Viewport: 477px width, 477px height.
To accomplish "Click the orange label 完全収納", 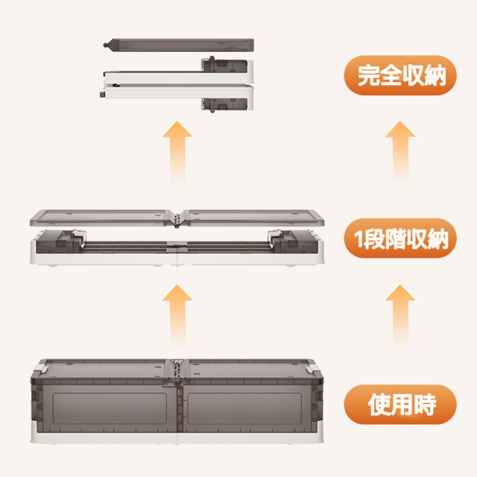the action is [x=400, y=75].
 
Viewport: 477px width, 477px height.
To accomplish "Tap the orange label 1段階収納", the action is [x=400, y=238].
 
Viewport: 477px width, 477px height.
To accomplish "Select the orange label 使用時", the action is [x=400, y=404].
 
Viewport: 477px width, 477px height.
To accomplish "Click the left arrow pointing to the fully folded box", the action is [x=177, y=151].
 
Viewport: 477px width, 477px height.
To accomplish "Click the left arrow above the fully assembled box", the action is [x=177, y=315].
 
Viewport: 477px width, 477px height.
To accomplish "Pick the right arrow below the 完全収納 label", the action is [x=400, y=151].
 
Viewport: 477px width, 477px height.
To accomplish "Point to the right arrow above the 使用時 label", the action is [x=400, y=315].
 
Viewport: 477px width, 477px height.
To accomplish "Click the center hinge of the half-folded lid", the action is [x=177, y=219].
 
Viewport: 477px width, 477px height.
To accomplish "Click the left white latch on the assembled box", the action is [x=42, y=368].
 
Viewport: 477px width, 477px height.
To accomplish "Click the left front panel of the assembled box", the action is [x=110, y=408].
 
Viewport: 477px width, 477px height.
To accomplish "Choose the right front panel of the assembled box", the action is [x=244, y=408].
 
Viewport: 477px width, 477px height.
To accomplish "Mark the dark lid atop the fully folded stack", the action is [x=180, y=45].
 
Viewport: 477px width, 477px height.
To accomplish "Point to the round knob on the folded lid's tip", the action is [x=106, y=45].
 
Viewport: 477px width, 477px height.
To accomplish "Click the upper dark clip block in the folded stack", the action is [x=224, y=66].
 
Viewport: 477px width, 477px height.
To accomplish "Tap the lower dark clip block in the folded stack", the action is [x=224, y=104].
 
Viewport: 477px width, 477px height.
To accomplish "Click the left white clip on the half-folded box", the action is [x=78, y=235].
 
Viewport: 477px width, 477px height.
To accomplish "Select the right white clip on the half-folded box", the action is [x=275, y=235].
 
